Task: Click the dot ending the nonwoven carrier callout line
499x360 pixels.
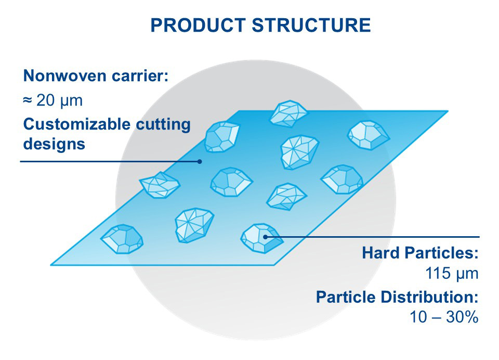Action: tap(200, 161)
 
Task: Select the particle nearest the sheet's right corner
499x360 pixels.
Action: tap(367, 135)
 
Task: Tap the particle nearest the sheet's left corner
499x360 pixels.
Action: tap(122, 239)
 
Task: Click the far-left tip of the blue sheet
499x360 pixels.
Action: tap(50, 263)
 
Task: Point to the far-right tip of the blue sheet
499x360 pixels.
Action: tap(448, 111)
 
